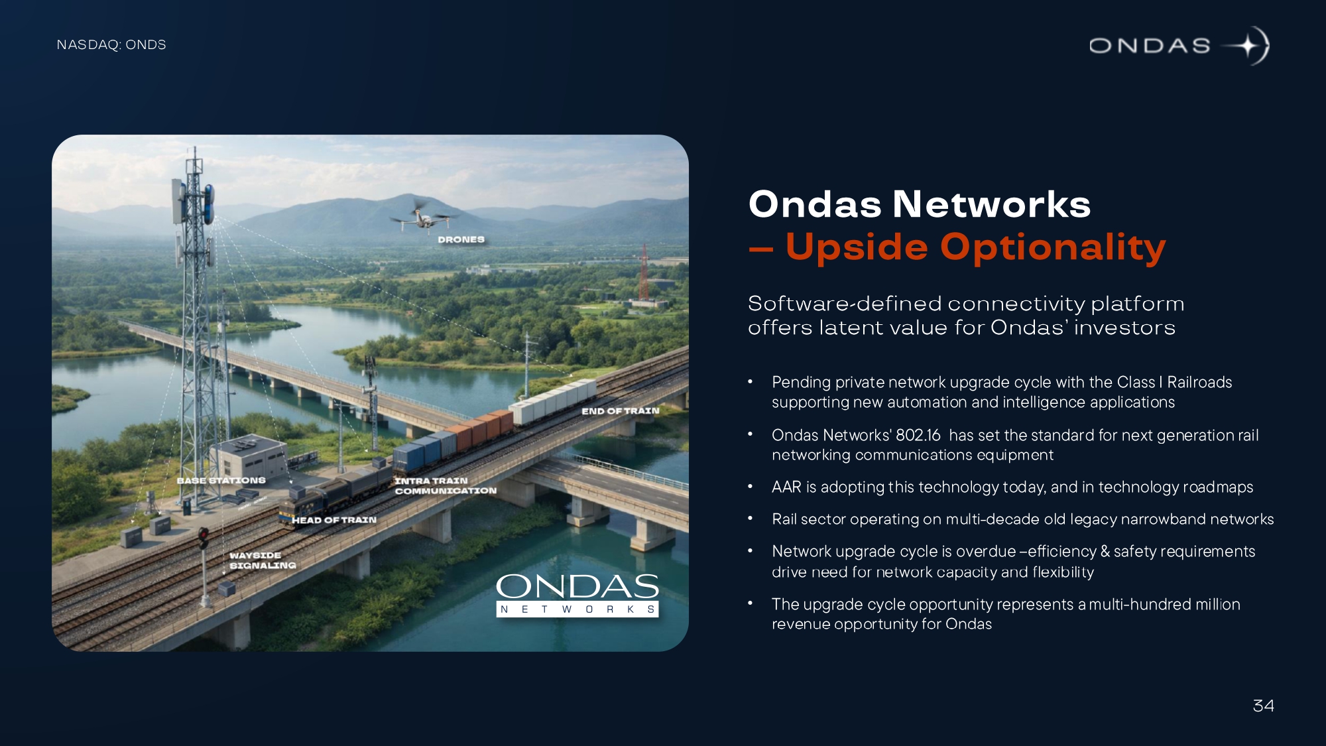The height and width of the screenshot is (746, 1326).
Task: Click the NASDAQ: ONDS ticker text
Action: click(x=111, y=44)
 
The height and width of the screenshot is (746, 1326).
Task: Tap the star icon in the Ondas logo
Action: click(x=1247, y=46)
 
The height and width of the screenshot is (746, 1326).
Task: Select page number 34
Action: click(x=1263, y=706)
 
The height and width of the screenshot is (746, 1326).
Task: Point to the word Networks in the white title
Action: click(x=991, y=204)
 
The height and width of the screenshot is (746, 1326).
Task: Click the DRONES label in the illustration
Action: click(x=461, y=239)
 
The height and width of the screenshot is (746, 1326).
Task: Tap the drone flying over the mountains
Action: click(x=420, y=216)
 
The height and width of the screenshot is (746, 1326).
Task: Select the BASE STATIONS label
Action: click(x=221, y=480)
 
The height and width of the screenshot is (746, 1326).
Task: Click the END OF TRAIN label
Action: click(x=621, y=411)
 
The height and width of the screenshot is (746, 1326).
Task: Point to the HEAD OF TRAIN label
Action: click(x=334, y=520)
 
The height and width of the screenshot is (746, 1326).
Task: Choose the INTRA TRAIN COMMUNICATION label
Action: click(x=446, y=485)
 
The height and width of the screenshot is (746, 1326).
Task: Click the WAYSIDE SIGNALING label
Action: click(x=263, y=560)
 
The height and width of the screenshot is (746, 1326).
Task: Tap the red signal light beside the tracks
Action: click(x=203, y=537)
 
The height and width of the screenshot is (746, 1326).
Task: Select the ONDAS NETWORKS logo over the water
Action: click(x=577, y=595)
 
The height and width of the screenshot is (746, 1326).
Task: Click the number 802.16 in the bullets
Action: click(x=918, y=435)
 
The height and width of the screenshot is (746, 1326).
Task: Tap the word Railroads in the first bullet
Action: click(x=1199, y=383)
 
